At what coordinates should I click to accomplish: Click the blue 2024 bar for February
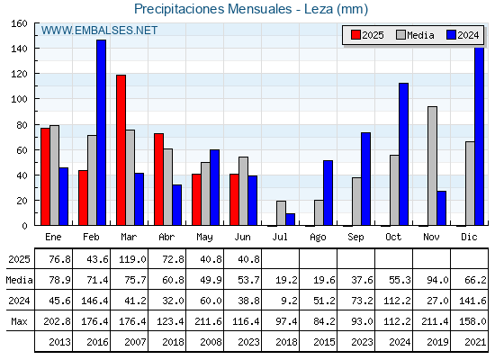pos(101,132)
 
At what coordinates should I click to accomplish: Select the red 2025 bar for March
pos(121,150)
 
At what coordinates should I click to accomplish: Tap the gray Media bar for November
pos(432,166)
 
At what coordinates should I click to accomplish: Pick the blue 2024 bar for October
pos(404,154)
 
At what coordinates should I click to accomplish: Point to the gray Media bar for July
pos(281,213)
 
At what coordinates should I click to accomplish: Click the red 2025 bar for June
pos(234,200)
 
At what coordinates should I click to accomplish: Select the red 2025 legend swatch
pos(355,35)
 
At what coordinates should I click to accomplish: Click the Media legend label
pos(420,35)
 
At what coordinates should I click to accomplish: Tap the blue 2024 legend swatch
pos(451,35)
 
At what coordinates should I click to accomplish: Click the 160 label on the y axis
pos(19,23)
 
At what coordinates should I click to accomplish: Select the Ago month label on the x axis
pos(318,238)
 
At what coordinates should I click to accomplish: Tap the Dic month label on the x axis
pos(469,237)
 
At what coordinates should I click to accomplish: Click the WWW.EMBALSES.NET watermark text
pos(99,31)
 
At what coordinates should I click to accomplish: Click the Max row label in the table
pos(19,321)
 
